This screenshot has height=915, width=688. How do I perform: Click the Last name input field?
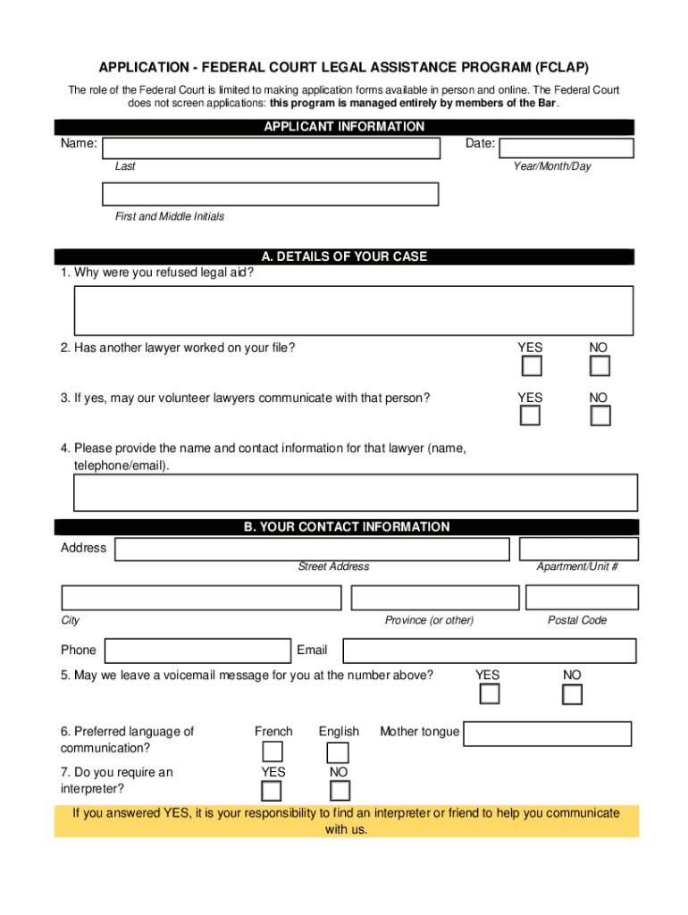pos(272,147)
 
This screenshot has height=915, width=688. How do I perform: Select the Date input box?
pos(566,148)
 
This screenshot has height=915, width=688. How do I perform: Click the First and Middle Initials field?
pos(271,194)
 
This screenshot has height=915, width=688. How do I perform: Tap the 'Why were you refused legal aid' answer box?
pos(354,310)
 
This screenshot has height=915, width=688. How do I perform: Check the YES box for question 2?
pos(531,366)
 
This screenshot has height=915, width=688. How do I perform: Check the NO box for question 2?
pos(600,366)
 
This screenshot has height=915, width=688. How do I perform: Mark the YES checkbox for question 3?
pos(531,416)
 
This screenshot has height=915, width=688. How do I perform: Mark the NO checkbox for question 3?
pos(600,416)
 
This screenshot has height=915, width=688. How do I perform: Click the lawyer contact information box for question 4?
pos(355,493)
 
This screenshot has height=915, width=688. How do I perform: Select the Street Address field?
pos(312,549)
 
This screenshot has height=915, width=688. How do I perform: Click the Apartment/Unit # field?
pos(578,549)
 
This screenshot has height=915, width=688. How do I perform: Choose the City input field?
pos(201,597)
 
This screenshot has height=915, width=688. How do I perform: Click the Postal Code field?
pos(582,597)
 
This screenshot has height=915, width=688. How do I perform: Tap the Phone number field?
pos(197,651)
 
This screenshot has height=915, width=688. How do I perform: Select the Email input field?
pos(490,651)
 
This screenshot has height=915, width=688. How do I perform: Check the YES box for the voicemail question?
pos(489,694)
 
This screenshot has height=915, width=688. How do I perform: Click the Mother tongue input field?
pos(548,734)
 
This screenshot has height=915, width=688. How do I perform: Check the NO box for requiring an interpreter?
pos(340,791)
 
